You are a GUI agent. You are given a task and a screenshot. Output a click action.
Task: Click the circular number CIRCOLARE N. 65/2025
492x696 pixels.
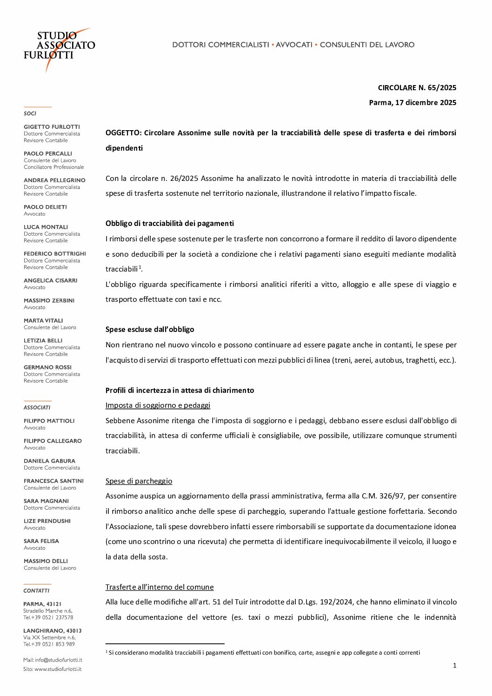pos(417,87)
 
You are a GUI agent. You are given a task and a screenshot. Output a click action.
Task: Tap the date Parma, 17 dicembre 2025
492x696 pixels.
pos(412,102)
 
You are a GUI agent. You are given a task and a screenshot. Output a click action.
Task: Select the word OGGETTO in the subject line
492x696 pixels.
pos(123,133)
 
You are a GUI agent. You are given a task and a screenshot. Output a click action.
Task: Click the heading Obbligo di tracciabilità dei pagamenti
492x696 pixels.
pos(169,223)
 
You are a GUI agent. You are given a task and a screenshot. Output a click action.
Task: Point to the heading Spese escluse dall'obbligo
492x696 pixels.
pos(150,329)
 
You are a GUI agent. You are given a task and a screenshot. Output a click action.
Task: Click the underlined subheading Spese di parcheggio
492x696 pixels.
pos(139,481)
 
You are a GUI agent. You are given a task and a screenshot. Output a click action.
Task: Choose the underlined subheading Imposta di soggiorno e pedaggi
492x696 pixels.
pos(158,405)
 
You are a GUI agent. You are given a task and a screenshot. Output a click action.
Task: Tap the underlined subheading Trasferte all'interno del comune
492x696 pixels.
pos(160,587)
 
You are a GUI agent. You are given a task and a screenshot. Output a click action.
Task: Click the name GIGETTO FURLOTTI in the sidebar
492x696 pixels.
pos(52,126)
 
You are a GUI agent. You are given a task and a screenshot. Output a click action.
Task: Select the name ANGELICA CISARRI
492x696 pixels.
pos(50,280)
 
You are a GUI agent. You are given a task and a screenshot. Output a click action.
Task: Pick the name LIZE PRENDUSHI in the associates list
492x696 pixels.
pos(47,521)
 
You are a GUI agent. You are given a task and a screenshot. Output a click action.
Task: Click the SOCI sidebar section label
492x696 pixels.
pos(30,113)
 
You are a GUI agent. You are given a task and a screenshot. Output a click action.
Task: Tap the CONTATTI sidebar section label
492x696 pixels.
pos(36,590)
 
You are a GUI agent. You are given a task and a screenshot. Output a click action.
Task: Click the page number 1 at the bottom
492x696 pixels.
pos(454,665)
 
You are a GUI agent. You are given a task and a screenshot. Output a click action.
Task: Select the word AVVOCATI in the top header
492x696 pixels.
pos(294,45)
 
